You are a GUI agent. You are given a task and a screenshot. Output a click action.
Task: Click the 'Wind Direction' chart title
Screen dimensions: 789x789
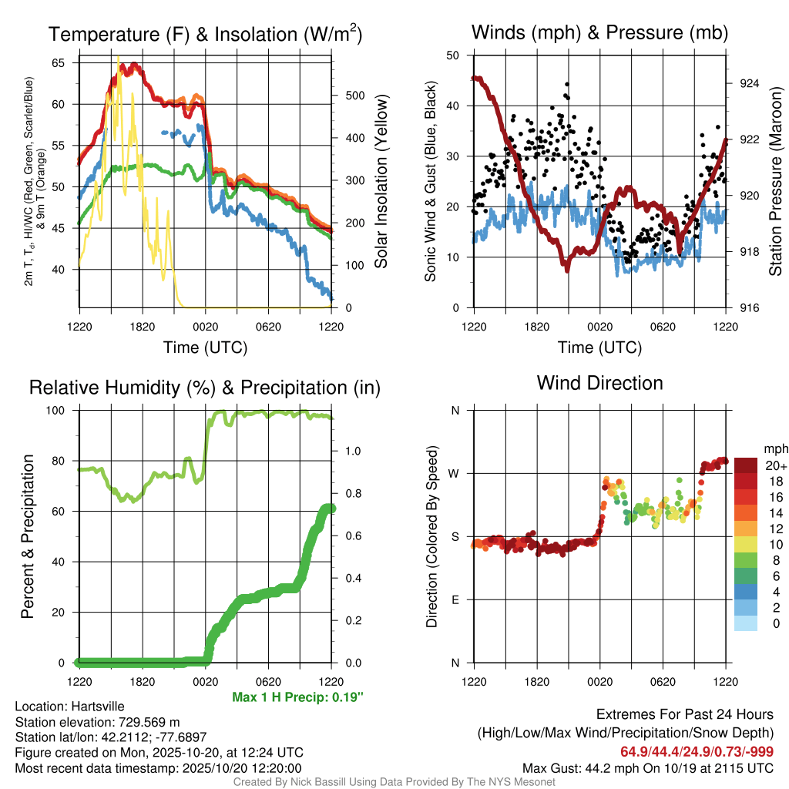[599, 383]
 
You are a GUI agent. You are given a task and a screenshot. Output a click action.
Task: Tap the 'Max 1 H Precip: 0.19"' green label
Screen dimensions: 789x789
[297, 697]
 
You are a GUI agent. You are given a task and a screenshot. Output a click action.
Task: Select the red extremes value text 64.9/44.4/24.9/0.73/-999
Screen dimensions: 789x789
[697, 751]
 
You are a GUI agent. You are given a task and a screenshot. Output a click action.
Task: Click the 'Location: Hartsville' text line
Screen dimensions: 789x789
[69, 707]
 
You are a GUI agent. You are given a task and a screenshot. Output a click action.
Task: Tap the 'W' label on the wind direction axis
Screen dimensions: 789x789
[455, 473]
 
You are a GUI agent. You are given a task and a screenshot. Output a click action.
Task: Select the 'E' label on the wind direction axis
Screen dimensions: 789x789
[455, 599]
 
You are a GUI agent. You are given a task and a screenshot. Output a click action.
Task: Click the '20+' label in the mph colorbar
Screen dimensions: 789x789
[776, 465]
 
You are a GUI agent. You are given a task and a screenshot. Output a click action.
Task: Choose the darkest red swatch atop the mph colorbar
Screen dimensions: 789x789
[746, 465]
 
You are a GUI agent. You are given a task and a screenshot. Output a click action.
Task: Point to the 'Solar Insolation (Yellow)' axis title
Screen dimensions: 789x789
[381, 181]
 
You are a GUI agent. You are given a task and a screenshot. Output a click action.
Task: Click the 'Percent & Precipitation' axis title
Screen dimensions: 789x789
[28, 536]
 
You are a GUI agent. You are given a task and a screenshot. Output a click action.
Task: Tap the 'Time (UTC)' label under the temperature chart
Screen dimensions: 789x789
[205, 347]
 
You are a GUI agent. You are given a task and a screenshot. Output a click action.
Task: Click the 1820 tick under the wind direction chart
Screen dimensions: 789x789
[536, 682]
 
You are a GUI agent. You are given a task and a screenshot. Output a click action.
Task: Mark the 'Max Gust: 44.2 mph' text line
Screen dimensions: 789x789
[647, 767]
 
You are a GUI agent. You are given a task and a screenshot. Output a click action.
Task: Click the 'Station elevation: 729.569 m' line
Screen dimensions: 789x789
[97, 722]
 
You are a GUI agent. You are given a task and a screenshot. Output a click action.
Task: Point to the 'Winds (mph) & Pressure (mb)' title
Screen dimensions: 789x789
[599, 32]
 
